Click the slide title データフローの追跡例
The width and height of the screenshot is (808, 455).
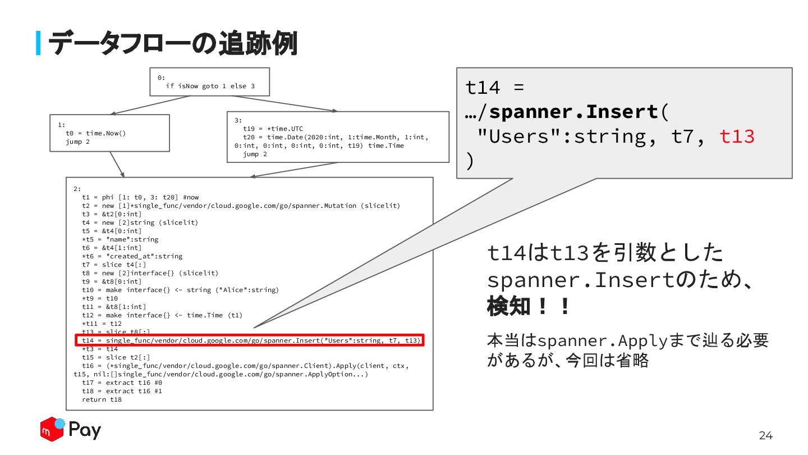coord(172,43)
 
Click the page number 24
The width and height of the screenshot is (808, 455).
coord(765,435)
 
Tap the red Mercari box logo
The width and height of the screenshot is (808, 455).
coord(52,430)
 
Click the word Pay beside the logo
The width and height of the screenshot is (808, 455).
coord(85,431)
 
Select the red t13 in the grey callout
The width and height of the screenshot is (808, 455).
coord(737,136)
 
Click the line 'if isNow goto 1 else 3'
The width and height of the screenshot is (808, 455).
coord(210,86)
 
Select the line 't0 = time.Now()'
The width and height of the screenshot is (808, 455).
coord(95,133)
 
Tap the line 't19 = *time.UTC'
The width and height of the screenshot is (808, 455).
coord(273,129)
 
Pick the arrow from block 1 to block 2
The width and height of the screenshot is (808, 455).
coord(117,164)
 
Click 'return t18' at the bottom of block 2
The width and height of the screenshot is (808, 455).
coord(102,399)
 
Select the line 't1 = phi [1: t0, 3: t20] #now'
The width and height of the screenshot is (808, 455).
coord(140,197)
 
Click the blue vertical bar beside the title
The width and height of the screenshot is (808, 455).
coord(38,43)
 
